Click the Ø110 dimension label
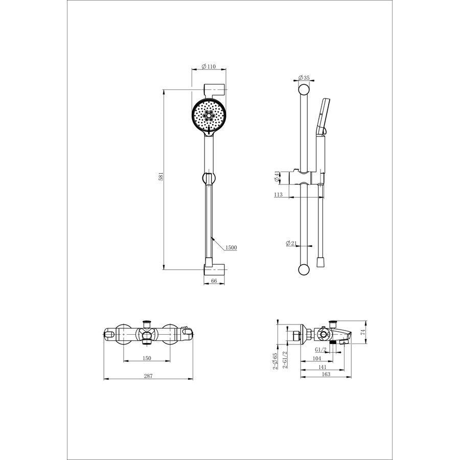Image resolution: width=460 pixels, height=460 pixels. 209,66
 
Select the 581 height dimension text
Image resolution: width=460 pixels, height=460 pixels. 161,177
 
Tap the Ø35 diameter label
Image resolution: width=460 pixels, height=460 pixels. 304,78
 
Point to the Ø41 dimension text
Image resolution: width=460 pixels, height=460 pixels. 277,177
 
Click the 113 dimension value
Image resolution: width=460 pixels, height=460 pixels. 279,194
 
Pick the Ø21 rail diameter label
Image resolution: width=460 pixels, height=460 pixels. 291,243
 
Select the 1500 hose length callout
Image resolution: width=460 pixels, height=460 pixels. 231,247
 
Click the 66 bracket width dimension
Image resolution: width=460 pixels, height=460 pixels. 214,281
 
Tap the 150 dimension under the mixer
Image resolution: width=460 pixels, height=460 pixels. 147,358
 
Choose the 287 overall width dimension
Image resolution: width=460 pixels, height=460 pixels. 148,376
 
